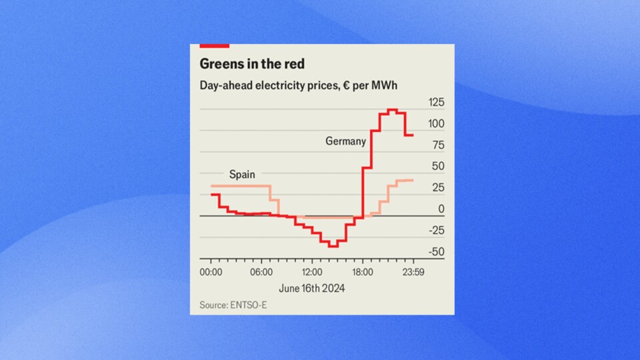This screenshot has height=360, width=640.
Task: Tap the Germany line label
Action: pyautogui.click(x=345, y=141)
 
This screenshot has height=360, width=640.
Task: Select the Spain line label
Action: pyautogui.click(x=242, y=174)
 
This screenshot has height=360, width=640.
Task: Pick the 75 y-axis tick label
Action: pyautogui.click(x=438, y=145)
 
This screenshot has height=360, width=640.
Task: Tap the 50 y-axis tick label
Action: pyautogui.click(x=438, y=167)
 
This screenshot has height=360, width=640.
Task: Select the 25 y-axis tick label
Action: pyautogui.click(x=438, y=188)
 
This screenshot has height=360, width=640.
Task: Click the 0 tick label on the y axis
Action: pyautogui.click(x=441, y=209)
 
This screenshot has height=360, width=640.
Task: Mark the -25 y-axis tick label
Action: pyautogui.click(x=436, y=231)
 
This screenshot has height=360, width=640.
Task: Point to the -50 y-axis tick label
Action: pyautogui.click(x=436, y=252)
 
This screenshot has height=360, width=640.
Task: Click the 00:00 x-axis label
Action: pyautogui.click(x=211, y=273)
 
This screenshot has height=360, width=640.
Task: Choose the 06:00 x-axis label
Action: pyautogui.click(x=261, y=273)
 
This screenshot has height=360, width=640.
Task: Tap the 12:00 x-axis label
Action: pyautogui.click(x=312, y=273)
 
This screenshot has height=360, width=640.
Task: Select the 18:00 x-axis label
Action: pyautogui.click(x=363, y=273)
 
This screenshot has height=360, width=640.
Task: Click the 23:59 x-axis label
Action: pyautogui.click(x=413, y=273)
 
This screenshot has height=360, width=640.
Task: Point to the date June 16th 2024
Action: pyautogui.click(x=312, y=288)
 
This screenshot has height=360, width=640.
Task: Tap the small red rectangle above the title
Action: pyautogui.click(x=214, y=45)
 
